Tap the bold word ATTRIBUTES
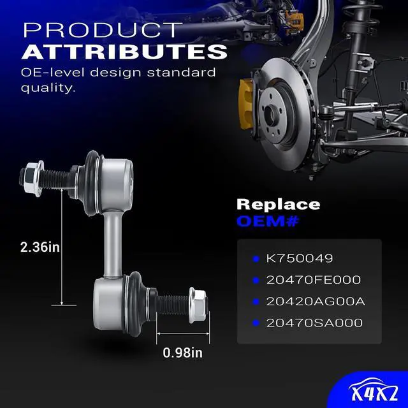tap(124, 52)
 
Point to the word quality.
tap(48, 88)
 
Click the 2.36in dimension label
tap(40, 247)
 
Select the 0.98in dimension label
tap(183, 353)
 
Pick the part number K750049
tap(299, 258)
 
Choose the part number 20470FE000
tap(314, 280)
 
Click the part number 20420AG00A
tap(316, 302)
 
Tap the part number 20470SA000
tap(314, 323)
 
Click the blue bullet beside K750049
tap(256, 259)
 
